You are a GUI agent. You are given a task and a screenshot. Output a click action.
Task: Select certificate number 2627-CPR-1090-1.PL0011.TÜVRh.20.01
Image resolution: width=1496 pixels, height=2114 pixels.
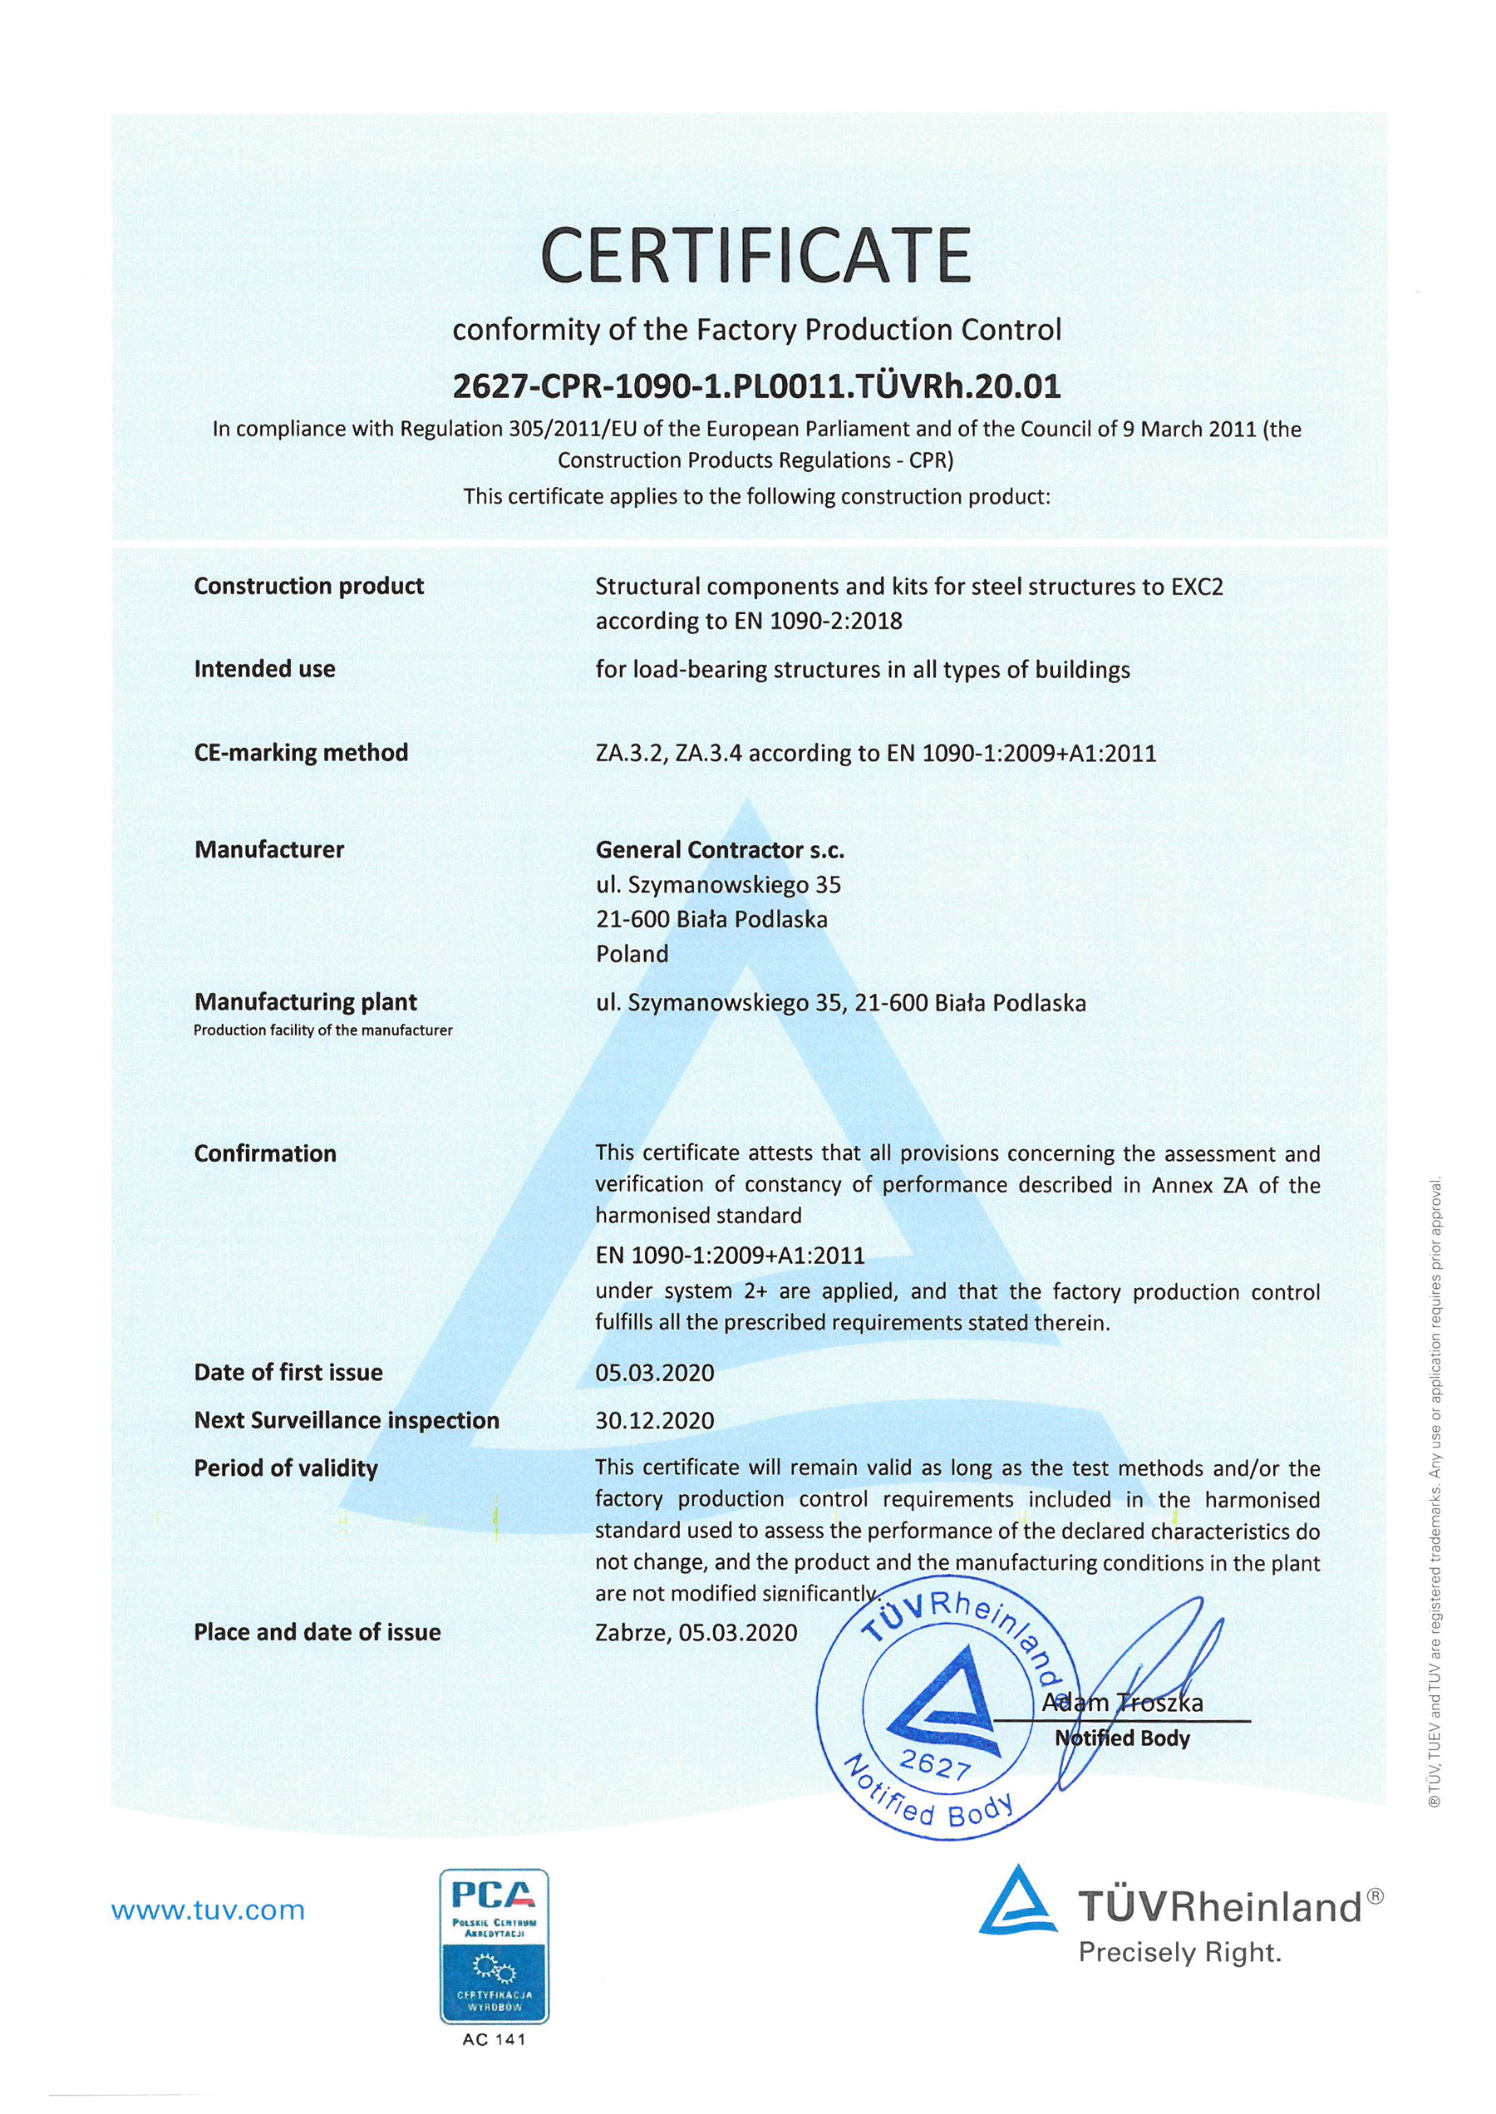pos(756,386)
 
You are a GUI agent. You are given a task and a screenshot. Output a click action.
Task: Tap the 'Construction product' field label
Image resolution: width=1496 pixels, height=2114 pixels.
pos(308,586)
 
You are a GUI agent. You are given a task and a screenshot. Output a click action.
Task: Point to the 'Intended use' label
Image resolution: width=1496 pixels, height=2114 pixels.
pos(264,669)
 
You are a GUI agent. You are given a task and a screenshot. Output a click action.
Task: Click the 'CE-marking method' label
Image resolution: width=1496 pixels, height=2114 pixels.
pos(300,753)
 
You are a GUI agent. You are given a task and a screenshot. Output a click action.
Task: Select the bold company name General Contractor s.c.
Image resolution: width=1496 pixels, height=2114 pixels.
pos(720,849)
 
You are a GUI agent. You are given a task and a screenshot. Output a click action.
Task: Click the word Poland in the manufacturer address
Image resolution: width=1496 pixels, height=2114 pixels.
pos(632,954)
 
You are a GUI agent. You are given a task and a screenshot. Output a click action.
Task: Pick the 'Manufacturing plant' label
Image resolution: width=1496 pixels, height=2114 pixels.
pos(305,1001)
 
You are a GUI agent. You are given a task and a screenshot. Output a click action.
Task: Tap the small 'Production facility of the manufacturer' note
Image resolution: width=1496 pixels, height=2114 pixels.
pos(322,1030)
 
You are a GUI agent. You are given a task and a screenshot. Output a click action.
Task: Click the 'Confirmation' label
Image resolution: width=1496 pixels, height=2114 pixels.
pos(265,1153)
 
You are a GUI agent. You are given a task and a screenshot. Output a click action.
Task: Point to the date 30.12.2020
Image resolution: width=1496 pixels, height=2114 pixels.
pos(654,1420)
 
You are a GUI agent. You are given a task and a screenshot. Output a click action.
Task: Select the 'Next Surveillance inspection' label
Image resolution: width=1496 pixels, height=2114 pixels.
pos(347,1420)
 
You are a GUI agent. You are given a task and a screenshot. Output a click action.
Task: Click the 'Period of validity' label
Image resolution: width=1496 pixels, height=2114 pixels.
pos(286,1468)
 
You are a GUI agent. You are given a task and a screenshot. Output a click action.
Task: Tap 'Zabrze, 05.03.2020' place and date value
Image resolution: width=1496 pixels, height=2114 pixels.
pos(696,1632)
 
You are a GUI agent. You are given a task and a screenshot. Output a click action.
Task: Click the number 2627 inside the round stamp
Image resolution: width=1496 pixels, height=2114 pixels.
pos(935,1766)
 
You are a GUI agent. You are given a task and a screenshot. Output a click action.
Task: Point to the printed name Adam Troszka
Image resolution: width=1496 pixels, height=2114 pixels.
pos(1122,1703)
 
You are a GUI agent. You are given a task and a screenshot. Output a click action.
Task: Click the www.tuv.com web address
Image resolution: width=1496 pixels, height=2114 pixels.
pos(207,1910)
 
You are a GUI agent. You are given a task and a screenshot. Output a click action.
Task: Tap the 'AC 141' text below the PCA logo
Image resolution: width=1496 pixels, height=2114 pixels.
pos(494,2039)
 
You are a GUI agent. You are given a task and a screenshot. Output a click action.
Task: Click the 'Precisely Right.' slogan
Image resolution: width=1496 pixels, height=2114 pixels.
pos(1180,1952)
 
